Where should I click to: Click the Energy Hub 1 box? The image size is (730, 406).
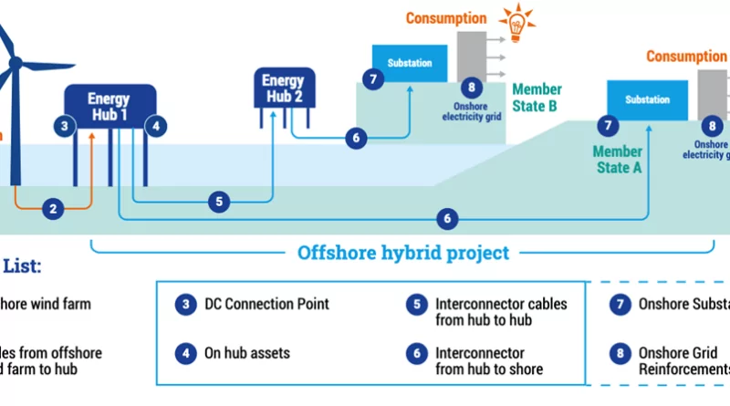tap(109, 106)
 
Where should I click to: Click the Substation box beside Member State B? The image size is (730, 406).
tap(410, 63)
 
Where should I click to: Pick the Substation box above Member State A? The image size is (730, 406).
tap(647, 99)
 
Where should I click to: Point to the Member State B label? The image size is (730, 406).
tap(537, 98)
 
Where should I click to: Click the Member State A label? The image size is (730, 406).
tap(617, 159)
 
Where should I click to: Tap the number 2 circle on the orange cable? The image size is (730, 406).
tap(53, 209)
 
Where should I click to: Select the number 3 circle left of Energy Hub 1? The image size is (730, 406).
tap(64, 126)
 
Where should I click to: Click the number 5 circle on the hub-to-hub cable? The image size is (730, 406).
tap(218, 202)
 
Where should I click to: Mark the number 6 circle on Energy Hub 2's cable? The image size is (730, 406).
tap(357, 139)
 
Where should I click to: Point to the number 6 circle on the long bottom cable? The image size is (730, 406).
tap(447, 219)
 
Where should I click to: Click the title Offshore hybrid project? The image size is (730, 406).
tap(403, 253)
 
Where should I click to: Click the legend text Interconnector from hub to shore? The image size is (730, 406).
tap(489, 360)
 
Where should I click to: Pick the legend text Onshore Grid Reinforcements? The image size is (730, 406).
tap(683, 360)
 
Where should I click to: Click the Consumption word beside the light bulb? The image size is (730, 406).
tap(446, 18)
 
